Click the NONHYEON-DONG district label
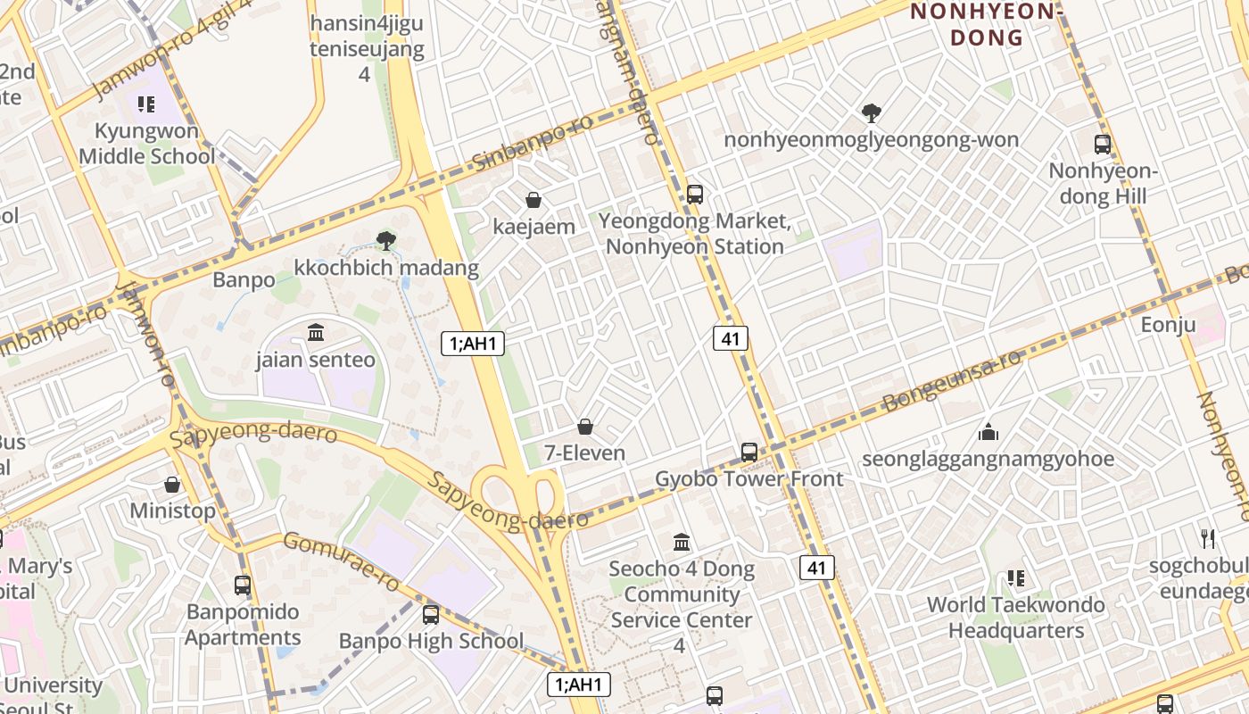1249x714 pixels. pyautogui.click(x=986, y=24)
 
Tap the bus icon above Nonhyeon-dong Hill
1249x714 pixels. pyautogui.click(x=1103, y=144)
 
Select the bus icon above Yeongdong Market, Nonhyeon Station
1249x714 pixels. pyautogui.click(x=695, y=194)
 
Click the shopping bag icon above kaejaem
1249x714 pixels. pyautogui.click(x=534, y=200)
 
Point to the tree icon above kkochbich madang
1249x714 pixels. pyautogui.click(x=386, y=240)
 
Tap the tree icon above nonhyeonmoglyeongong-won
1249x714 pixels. pyautogui.click(x=871, y=112)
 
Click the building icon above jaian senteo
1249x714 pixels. pyautogui.click(x=316, y=333)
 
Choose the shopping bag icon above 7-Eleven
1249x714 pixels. pyautogui.click(x=585, y=427)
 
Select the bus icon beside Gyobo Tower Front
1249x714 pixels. pyautogui.click(x=749, y=452)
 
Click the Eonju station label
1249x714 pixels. pyautogui.click(x=1168, y=325)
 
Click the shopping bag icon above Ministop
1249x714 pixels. pyautogui.click(x=172, y=485)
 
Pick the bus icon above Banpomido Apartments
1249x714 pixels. pyautogui.click(x=243, y=585)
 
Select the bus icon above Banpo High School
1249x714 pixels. pyautogui.click(x=431, y=614)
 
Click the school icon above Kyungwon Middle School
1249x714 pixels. pyautogui.click(x=146, y=105)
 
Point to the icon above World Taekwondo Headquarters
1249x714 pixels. pyautogui.click(x=1015, y=578)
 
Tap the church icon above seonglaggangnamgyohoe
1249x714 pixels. pyautogui.click(x=988, y=433)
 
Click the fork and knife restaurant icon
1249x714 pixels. pyautogui.click(x=1209, y=538)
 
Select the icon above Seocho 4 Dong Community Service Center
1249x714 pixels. pyautogui.click(x=682, y=542)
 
